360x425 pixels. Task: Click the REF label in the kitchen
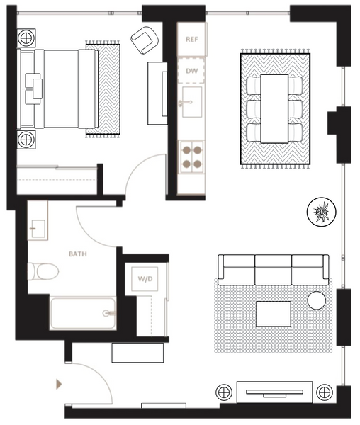(x=191, y=39)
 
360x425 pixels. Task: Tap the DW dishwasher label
(x=191, y=71)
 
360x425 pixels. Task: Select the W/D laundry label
(x=145, y=278)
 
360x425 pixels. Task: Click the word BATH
(x=78, y=254)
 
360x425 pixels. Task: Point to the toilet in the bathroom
(x=43, y=271)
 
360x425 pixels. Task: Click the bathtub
(x=83, y=313)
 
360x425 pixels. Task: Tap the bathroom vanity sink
(x=38, y=229)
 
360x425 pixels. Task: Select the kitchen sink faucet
(x=186, y=103)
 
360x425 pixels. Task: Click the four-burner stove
(x=191, y=157)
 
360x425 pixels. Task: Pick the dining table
(x=274, y=108)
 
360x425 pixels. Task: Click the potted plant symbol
(x=322, y=211)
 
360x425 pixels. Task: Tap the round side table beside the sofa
(x=316, y=300)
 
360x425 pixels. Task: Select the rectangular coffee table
(x=274, y=314)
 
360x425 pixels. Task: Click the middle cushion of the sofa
(x=274, y=270)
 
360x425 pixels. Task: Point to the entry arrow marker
(x=59, y=385)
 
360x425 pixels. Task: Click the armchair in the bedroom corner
(x=145, y=40)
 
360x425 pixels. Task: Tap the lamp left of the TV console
(x=224, y=392)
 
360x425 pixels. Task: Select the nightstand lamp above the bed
(x=26, y=38)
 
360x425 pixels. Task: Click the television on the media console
(x=275, y=393)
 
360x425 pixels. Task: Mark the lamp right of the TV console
(x=325, y=392)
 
